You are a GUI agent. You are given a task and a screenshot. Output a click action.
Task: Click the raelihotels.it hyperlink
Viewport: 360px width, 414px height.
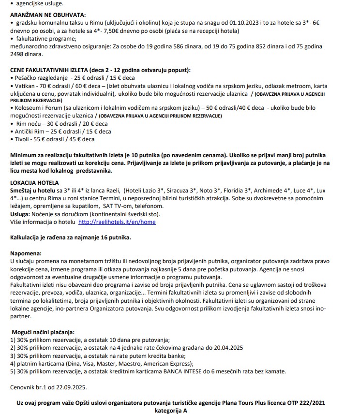(117, 222)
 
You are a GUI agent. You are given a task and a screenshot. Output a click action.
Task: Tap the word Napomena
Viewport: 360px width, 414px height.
(26, 253)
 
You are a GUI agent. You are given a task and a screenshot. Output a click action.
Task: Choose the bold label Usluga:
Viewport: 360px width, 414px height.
(20, 214)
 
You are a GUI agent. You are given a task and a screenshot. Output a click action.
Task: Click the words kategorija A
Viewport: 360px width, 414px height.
(171, 410)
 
